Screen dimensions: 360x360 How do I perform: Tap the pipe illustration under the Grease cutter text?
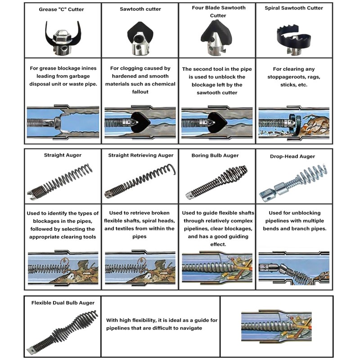pyautogui.click(x=63, y=122)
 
